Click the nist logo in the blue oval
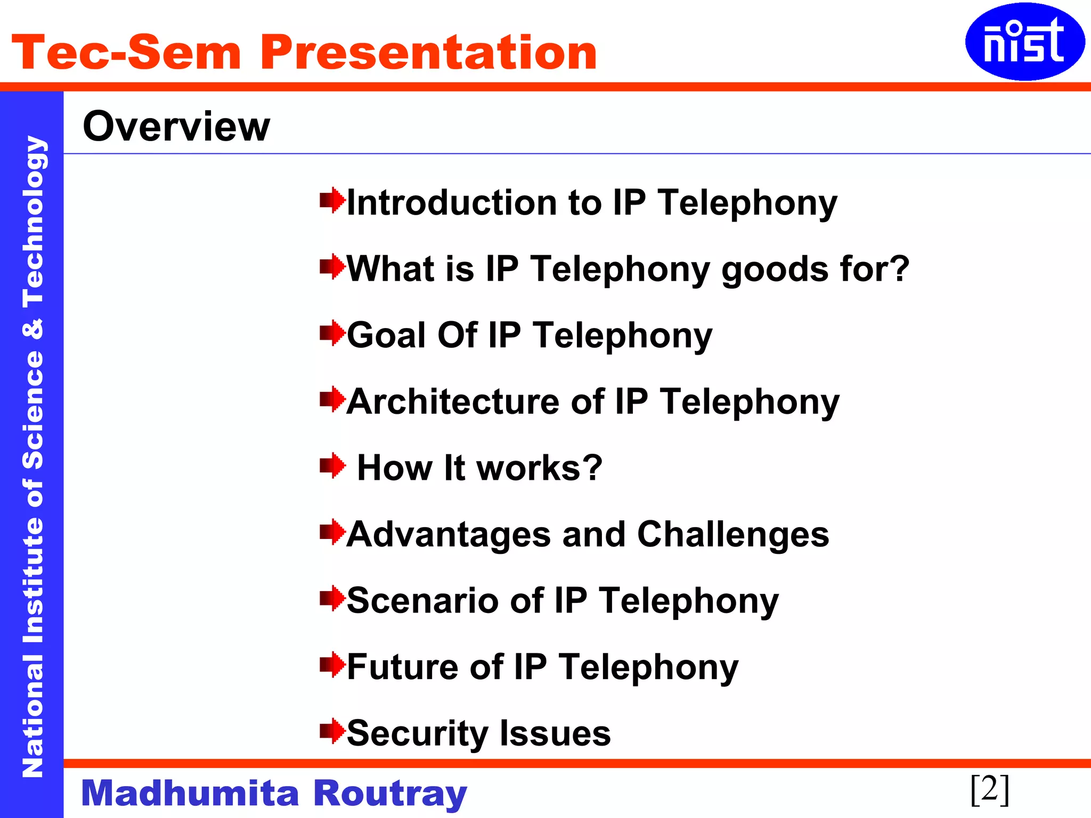tap(1024, 42)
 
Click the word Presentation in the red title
tap(428, 53)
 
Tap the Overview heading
tap(176, 127)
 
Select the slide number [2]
tap(989, 790)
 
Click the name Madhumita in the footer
tap(190, 794)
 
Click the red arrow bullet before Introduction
tap(332, 201)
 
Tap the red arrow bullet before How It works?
tap(332, 466)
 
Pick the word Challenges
tap(733, 535)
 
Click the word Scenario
tap(422, 601)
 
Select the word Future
tap(402, 667)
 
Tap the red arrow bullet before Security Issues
tap(332, 731)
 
